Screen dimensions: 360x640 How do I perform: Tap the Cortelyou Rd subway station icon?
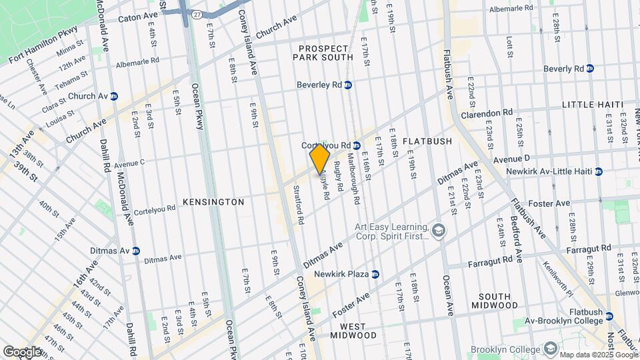pos(357,145)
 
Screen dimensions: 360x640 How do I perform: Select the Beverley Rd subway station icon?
pos(348,85)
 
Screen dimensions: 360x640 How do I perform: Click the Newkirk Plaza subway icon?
pos(375,274)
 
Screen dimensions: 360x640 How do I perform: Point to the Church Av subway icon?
pos(114,96)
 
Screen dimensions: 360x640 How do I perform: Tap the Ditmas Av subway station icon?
pos(136,251)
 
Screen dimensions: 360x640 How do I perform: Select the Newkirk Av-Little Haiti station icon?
pos(599,171)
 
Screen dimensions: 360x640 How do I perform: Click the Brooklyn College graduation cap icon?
pos(550,349)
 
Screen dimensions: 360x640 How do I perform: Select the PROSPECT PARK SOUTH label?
pos(323,53)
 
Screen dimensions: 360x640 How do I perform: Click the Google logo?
pos(22,351)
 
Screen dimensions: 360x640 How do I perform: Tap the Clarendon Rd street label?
pos(489,113)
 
